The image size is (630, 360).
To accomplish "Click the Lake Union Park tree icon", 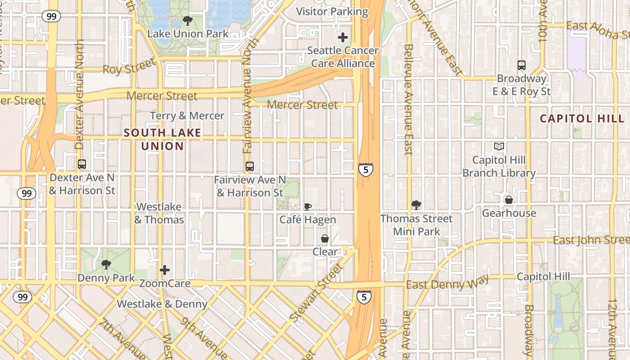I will (x=187, y=21).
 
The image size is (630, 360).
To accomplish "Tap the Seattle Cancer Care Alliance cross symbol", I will (x=343, y=37).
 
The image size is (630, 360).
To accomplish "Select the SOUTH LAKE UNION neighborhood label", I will (x=162, y=139).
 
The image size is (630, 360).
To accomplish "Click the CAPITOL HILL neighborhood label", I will (x=582, y=119).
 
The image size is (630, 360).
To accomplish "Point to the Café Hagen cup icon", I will (x=308, y=207).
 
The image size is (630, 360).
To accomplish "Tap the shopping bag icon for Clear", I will (x=324, y=238).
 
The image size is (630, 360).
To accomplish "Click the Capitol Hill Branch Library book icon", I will (x=499, y=146).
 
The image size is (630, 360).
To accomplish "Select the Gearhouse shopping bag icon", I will (x=509, y=200).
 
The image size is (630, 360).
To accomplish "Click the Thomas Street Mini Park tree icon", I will (x=416, y=205).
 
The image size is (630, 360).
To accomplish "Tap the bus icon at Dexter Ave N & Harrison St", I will (x=82, y=164).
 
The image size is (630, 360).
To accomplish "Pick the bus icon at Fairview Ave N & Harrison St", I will (x=250, y=166).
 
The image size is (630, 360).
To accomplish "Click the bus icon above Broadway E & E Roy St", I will (x=522, y=65).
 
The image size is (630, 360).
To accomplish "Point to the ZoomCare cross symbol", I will (x=165, y=270).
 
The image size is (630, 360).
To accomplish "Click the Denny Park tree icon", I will (x=106, y=265).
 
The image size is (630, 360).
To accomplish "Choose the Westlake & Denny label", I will (x=162, y=304).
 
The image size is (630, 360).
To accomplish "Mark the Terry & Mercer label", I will (x=187, y=116).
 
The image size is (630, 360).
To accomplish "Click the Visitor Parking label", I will (x=333, y=12).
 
